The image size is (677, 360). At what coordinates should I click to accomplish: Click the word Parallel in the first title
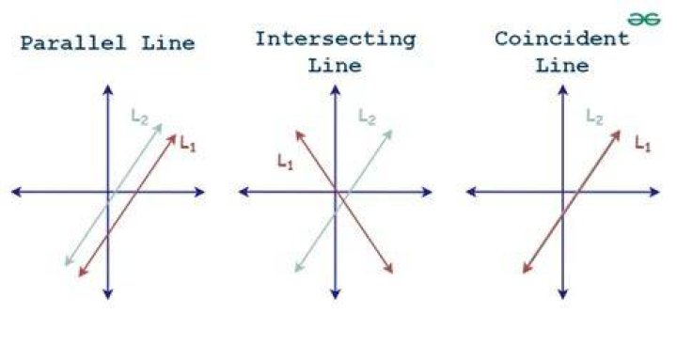pos(73,42)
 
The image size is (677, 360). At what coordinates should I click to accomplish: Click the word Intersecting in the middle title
pos(336,39)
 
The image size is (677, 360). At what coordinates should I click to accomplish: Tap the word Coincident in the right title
pos(561,39)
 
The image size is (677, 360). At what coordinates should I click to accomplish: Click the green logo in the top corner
pos(644,20)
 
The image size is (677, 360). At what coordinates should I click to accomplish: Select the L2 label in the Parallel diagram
pos(139,117)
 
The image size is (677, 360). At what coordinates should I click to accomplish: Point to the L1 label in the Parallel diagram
pos(188,143)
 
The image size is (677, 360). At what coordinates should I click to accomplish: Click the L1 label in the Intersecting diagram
pos(286,163)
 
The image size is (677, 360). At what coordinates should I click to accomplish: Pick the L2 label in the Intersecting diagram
pos(367,117)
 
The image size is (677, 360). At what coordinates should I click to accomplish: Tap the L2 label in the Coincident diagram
pos(594,117)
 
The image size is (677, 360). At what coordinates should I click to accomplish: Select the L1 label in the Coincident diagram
pos(642,143)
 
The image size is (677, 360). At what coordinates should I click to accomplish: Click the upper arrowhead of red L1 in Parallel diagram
pos(173,138)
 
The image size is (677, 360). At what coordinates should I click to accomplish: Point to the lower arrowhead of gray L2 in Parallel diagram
pos(68,261)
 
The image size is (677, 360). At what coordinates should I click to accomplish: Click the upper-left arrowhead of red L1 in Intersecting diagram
pos(299,135)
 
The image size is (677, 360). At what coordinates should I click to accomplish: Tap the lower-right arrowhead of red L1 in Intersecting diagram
pos(389,270)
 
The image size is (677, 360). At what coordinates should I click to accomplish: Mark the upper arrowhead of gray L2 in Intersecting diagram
pos(388,133)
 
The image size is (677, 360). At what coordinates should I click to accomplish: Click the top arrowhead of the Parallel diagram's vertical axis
pos(108,89)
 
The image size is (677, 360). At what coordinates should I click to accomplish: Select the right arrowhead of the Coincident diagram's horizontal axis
pos(655,192)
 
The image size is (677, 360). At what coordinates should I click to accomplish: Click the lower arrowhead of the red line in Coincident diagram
pos(527,270)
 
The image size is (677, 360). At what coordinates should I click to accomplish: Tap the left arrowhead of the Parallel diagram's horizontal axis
pos(16,192)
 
